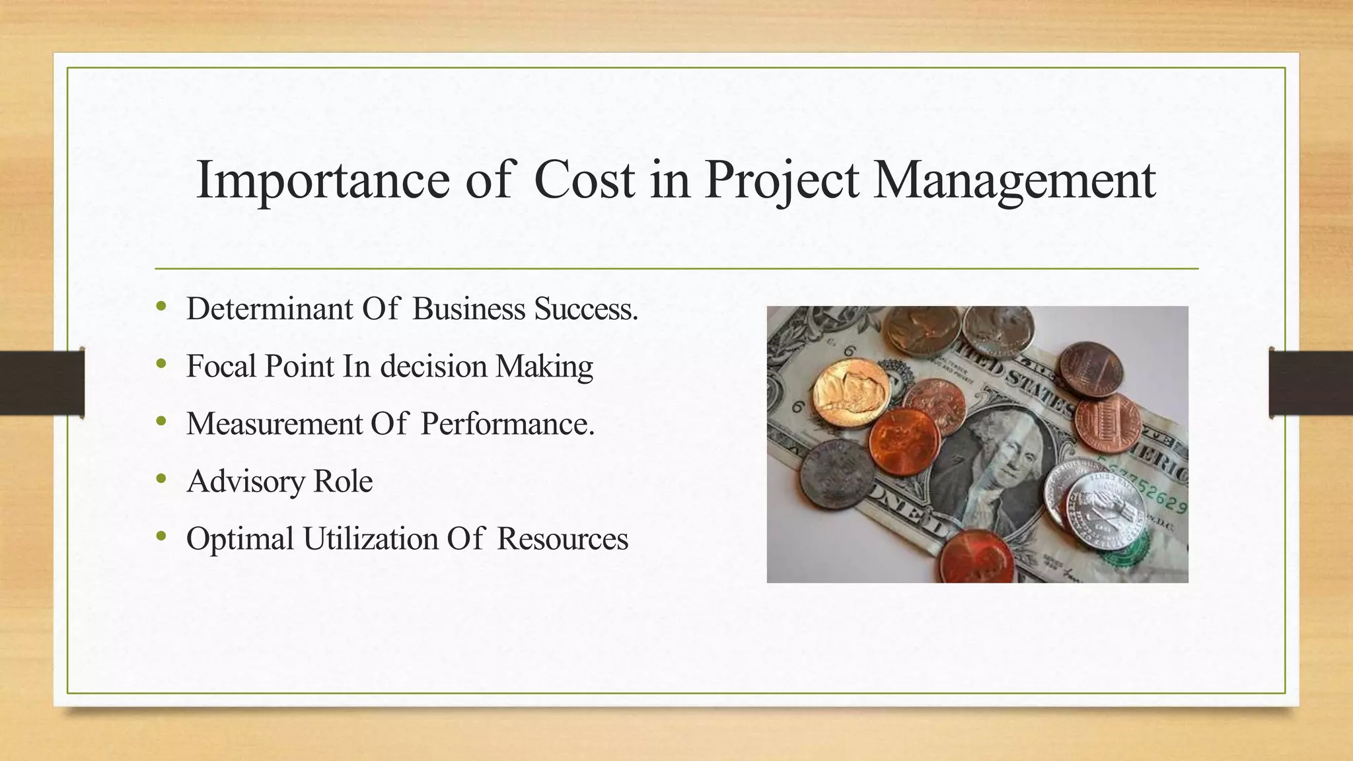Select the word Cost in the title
(584, 180)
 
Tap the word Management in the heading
(1014, 180)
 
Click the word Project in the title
(782, 180)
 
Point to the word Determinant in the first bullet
(270, 308)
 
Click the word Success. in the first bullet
(586, 308)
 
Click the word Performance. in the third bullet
(507, 423)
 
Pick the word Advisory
(245, 481)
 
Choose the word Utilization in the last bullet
(370, 538)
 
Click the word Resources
(562, 538)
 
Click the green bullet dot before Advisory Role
(161, 479)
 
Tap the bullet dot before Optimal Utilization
(161, 536)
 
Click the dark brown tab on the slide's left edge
(42, 383)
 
